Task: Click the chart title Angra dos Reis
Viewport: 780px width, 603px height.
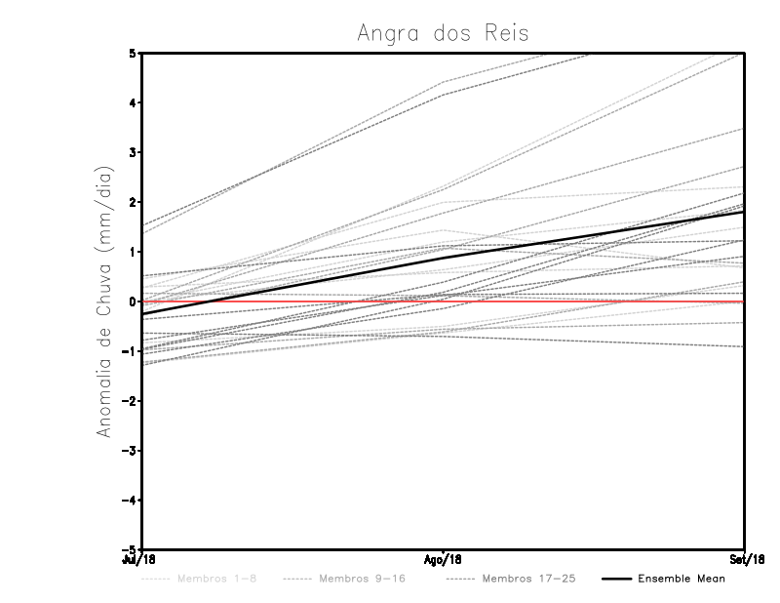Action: pos(444,33)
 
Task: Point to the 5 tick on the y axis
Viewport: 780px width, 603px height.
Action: pos(134,53)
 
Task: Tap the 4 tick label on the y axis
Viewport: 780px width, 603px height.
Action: pos(134,102)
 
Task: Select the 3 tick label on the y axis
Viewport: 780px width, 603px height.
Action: pos(134,152)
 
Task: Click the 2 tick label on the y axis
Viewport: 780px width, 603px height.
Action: pos(134,202)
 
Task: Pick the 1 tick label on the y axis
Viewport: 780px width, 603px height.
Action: pos(134,252)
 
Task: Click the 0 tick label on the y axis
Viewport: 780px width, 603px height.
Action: pos(134,301)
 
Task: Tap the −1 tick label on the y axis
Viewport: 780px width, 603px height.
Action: pos(131,351)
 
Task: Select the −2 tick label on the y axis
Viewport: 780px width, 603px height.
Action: pos(131,401)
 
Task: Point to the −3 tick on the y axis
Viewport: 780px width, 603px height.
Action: pos(131,451)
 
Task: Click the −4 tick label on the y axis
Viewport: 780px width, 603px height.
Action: pos(131,501)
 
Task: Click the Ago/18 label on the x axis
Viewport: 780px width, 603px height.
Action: pos(444,560)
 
